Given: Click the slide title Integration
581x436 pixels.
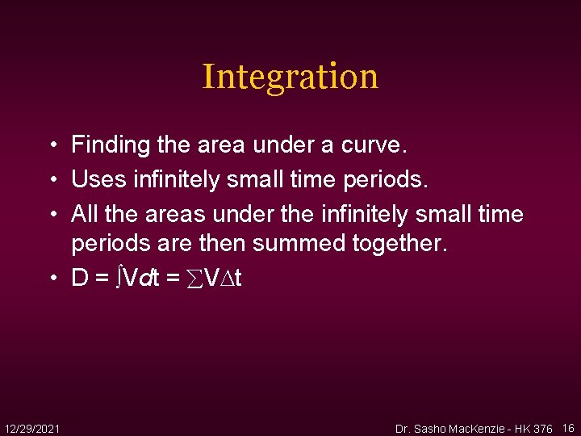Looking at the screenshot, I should click(x=290, y=77).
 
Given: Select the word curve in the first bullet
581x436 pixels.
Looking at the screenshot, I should click(x=376, y=145).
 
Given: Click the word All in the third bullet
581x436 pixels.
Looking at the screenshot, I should click(x=85, y=214).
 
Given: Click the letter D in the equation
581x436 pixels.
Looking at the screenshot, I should click(x=80, y=278).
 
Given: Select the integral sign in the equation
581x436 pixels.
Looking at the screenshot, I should click(x=119, y=278).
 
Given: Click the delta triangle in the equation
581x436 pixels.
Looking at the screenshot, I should click(x=227, y=279).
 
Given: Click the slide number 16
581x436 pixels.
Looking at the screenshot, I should click(x=568, y=427).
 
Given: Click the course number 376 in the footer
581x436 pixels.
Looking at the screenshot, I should click(x=542, y=428).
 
